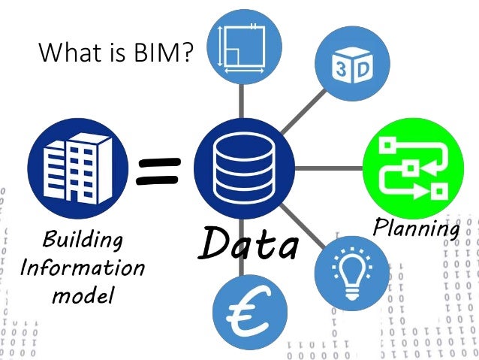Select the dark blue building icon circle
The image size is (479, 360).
pyautogui.click(x=72, y=164)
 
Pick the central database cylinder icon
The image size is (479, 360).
pyautogui.click(x=242, y=166)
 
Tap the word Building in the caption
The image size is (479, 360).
pyautogui.click(x=83, y=242)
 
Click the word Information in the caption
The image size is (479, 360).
pyautogui.click(x=82, y=268)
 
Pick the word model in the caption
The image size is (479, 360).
pyautogui.click(x=83, y=295)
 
